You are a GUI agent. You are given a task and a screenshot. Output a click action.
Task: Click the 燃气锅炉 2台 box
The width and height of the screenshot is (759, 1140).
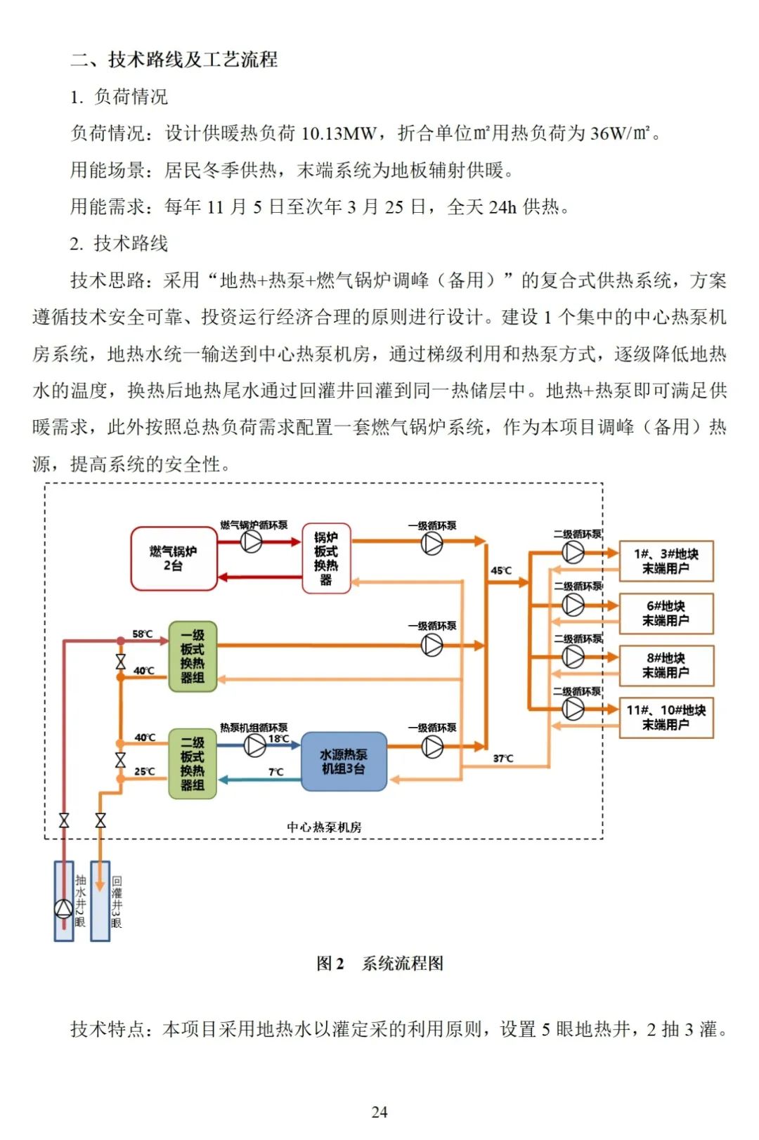click(173, 558)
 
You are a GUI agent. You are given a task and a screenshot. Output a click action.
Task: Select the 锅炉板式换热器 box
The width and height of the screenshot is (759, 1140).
click(326, 558)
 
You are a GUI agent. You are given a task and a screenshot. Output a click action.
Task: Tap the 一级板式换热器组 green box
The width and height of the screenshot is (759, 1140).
click(192, 657)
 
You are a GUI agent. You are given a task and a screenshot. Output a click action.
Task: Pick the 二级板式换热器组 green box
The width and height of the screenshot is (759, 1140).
click(192, 764)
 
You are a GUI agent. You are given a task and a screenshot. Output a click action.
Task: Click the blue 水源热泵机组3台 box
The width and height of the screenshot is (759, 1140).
click(344, 762)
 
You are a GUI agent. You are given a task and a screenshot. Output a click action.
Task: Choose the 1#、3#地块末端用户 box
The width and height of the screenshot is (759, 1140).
click(666, 561)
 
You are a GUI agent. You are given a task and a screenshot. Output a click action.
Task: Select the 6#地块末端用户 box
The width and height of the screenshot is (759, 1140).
click(666, 613)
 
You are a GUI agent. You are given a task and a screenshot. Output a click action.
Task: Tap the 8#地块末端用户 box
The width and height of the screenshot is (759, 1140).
click(666, 665)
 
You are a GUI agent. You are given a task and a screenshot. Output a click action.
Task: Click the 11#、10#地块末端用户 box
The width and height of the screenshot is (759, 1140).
click(666, 717)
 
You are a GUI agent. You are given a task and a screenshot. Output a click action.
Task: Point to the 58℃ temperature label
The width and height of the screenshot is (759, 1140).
click(143, 634)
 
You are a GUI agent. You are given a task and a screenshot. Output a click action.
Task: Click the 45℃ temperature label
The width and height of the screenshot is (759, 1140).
click(501, 570)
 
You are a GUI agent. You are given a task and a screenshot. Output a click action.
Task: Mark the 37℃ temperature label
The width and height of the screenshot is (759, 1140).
click(503, 759)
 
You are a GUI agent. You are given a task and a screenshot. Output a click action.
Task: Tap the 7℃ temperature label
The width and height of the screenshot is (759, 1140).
click(275, 772)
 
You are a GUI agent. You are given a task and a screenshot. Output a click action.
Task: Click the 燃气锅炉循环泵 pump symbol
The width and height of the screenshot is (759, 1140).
click(252, 542)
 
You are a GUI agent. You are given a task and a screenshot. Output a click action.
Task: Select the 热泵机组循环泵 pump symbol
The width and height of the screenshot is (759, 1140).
click(254, 745)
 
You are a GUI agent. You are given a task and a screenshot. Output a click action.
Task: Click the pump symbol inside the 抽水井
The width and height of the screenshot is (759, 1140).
click(64, 909)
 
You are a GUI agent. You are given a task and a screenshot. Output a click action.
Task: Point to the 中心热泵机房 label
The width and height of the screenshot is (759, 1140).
click(324, 827)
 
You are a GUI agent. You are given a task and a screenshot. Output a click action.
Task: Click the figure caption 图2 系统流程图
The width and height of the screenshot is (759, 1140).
click(379, 964)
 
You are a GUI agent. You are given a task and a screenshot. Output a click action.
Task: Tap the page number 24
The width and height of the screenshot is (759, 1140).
click(379, 1112)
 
